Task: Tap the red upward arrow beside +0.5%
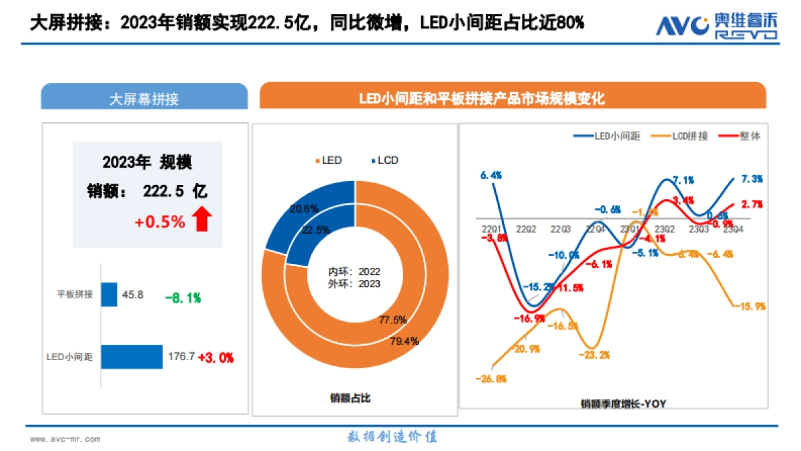(x=202, y=219)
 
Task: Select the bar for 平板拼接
(x=109, y=294)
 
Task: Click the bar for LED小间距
(x=131, y=357)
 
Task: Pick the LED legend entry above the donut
(x=328, y=160)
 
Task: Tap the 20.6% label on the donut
(x=304, y=208)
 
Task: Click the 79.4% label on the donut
(x=405, y=341)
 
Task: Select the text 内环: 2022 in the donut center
(x=354, y=273)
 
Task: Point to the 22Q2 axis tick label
(x=526, y=229)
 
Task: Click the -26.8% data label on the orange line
(x=491, y=379)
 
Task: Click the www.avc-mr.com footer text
(x=65, y=439)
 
